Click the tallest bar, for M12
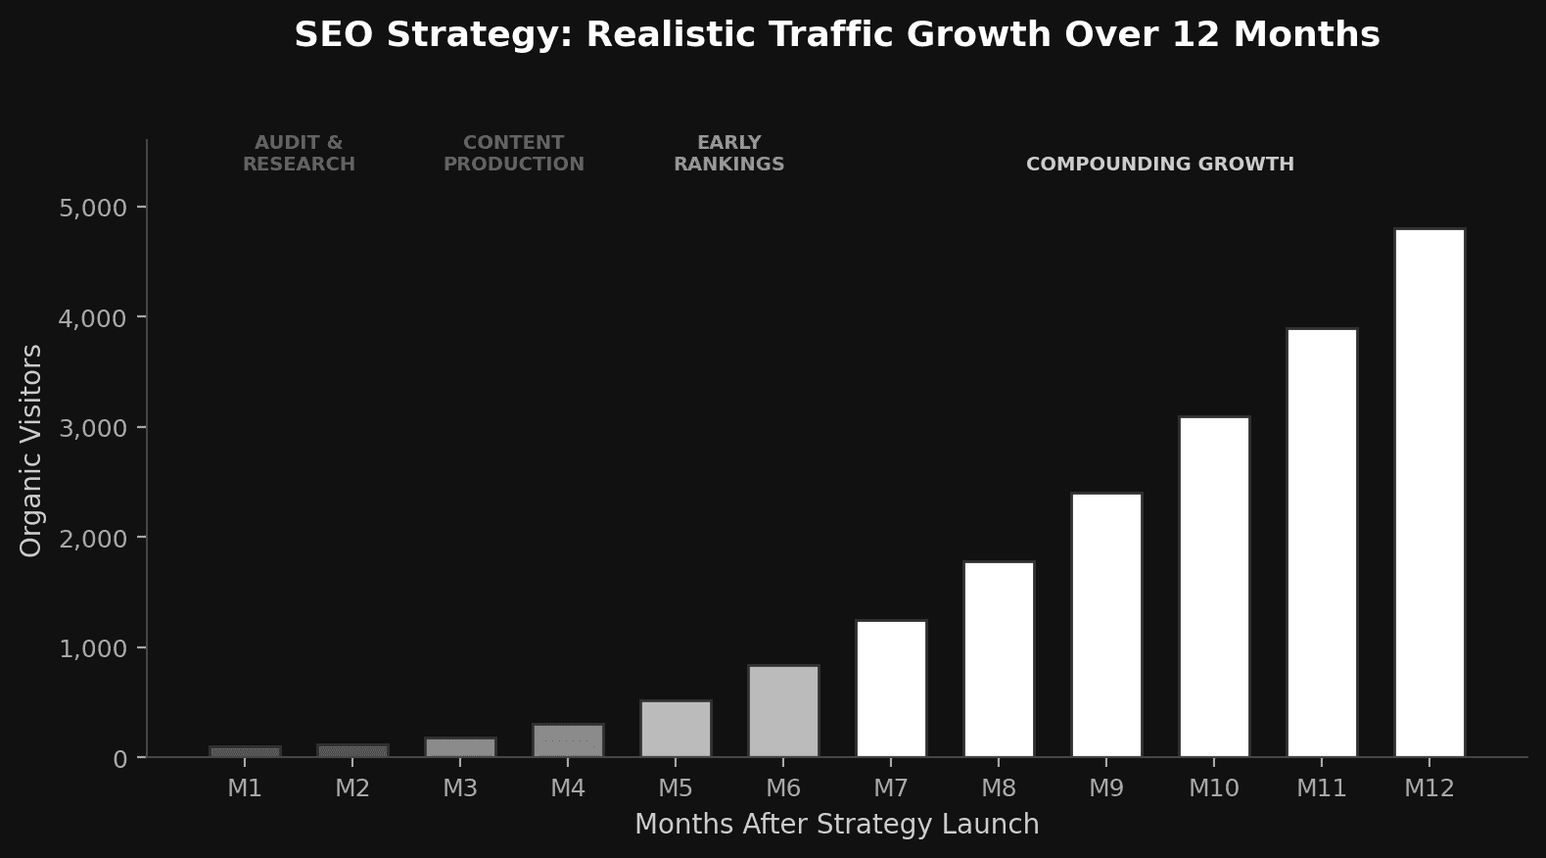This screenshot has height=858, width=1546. pyautogui.click(x=1429, y=493)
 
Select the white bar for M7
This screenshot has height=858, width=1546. pyautogui.click(x=891, y=689)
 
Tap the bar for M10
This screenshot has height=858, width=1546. pyautogui.click(x=1214, y=587)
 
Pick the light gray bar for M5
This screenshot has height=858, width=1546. pyautogui.click(x=676, y=729)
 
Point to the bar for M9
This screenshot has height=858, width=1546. pyautogui.click(x=1106, y=625)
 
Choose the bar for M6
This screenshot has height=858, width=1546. pyautogui.click(x=783, y=711)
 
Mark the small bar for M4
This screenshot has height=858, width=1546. pyautogui.click(x=568, y=740)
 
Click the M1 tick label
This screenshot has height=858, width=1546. pyautogui.click(x=245, y=787)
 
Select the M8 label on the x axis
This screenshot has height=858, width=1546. pyautogui.click(x=999, y=787)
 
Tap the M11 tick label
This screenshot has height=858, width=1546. pyautogui.click(x=1322, y=787)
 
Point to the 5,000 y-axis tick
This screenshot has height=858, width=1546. pyautogui.click(x=93, y=208)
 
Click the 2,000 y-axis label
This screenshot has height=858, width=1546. pyautogui.click(x=93, y=539)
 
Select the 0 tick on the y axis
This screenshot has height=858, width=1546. pyautogui.click(x=120, y=759)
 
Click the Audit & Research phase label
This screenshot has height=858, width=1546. pyautogui.click(x=299, y=154)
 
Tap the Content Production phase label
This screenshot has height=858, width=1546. pyautogui.click(x=514, y=154)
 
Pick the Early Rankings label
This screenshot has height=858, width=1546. pyautogui.click(x=729, y=154)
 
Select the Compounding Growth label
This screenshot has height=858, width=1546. pyautogui.click(x=1160, y=165)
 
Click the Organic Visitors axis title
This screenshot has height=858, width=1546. pyautogui.click(x=31, y=451)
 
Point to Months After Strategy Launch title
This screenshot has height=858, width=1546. pyautogui.click(x=837, y=825)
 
